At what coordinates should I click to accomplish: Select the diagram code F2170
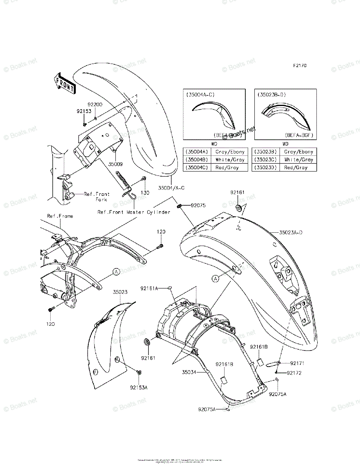point(299,66)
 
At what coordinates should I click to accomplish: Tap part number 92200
point(95,105)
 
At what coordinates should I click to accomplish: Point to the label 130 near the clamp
point(146,193)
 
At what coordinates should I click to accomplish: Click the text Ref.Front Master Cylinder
point(134,212)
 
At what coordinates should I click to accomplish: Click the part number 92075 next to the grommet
point(198,205)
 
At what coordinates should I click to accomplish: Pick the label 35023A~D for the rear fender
point(291,232)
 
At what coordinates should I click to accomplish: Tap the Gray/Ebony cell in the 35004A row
point(230,152)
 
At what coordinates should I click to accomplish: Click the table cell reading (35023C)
point(266,160)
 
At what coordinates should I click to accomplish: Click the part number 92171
point(298,363)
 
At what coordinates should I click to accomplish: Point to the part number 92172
point(294,373)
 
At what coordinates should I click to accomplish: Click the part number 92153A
point(139,387)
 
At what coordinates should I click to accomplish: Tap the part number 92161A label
point(150,288)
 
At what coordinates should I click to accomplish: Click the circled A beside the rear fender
point(215,278)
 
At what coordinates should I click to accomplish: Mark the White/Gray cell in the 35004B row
point(230,160)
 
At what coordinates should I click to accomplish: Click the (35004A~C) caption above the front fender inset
point(200,95)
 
